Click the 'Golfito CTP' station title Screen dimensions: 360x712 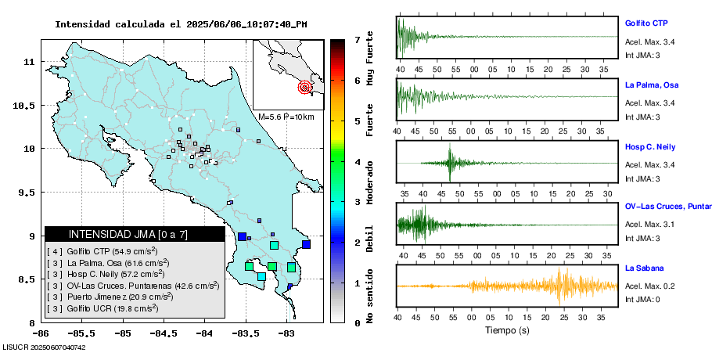(645, 23)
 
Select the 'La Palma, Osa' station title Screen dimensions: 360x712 (651, 85)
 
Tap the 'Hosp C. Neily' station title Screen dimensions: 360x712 (650, 146)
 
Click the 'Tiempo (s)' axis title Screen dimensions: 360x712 (507, 330)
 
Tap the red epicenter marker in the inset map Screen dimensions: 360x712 (304, 87)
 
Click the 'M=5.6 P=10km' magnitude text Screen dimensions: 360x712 (286, 117)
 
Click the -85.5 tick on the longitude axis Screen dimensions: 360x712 (81, 333)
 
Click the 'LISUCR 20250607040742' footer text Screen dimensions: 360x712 (44, 347)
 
